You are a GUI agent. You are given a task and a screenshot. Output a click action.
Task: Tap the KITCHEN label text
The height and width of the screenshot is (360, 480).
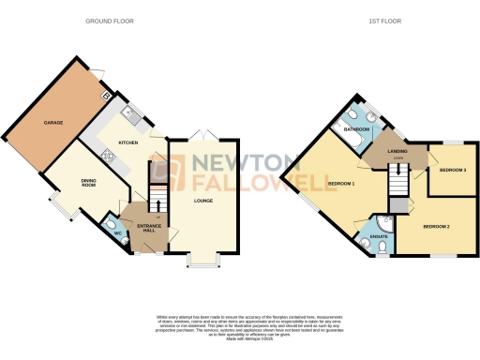tap(128, 143)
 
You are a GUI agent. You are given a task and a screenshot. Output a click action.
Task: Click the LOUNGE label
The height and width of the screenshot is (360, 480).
tap(202, 200)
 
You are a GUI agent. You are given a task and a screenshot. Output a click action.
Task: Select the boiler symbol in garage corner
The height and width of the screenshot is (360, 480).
tap(106, 95)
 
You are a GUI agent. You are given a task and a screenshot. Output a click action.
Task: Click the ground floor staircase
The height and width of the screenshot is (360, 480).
tap(158, 199)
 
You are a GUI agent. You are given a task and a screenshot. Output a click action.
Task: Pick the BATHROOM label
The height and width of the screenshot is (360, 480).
tap(358, 130)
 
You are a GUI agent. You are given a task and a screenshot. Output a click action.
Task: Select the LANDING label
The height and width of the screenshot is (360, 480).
tap(397, 150)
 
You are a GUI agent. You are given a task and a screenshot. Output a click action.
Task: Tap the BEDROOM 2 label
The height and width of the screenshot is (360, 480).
tap(436, 227)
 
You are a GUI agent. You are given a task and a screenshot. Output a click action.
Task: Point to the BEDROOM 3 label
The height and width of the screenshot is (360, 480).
tap(453, 171)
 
